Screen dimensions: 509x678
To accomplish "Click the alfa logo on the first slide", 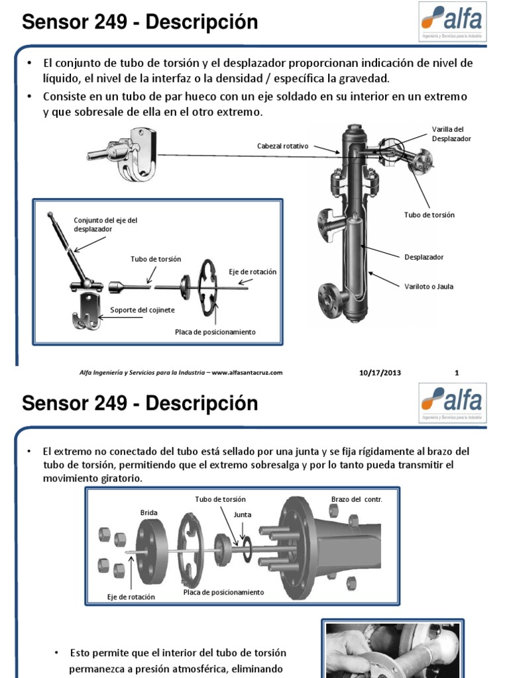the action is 452,22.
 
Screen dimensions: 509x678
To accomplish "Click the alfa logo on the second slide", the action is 452,403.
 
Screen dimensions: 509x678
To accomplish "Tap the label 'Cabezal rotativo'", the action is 282,146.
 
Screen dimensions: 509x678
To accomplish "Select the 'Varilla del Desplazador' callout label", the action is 451,134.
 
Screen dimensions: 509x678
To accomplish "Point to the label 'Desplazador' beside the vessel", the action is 424,258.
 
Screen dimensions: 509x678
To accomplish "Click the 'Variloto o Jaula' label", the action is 429,287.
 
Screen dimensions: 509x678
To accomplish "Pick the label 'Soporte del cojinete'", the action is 142,310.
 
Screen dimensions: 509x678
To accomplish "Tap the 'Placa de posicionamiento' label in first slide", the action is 215,332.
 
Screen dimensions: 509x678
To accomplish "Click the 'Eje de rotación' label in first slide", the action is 253,272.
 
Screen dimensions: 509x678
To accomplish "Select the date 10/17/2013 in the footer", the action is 380,373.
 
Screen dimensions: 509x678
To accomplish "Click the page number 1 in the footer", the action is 457,373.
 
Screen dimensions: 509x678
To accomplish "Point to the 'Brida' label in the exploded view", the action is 148,513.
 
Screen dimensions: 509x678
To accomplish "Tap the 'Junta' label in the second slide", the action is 243,514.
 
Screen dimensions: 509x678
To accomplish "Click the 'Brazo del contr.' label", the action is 357,499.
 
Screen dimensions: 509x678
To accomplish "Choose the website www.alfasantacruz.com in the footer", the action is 247,373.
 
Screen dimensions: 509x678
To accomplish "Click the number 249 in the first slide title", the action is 111,22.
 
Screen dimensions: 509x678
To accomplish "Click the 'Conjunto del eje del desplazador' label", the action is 105,225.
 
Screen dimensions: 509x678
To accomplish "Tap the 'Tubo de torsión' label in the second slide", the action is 220,499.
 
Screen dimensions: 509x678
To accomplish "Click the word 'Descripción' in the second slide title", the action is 201,403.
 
